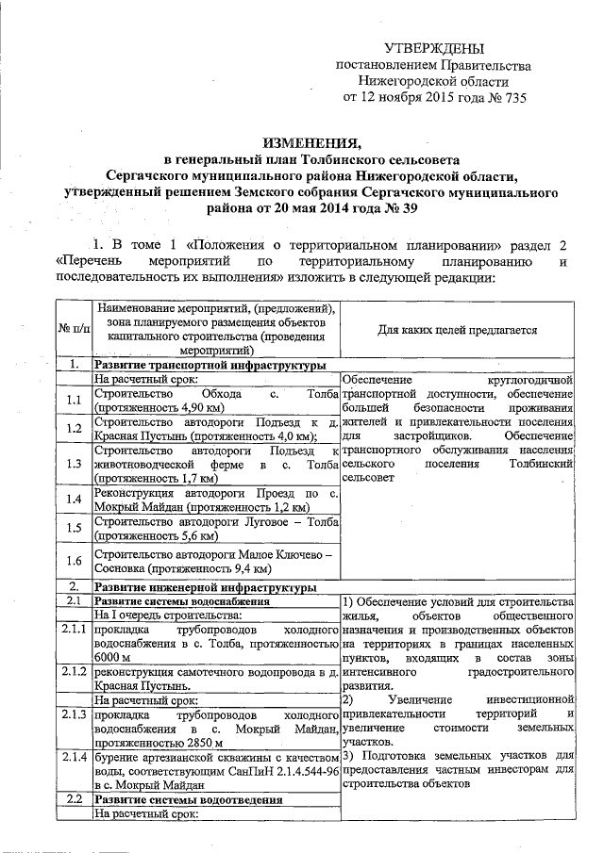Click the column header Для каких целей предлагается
(458, 330)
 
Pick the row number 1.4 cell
(72, 500)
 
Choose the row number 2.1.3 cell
(72, 717)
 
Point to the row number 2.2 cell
(72, 800)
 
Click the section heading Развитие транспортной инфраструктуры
(210, 364)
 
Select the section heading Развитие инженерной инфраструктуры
(205, 586)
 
